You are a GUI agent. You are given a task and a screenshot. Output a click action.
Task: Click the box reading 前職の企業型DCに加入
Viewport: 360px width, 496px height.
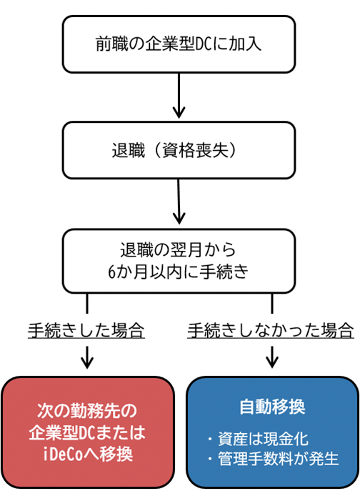click(179, 44)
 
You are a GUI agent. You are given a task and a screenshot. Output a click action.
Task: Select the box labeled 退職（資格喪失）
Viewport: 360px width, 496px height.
click(179, 151)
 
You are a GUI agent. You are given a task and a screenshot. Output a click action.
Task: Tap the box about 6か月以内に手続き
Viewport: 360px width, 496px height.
click(179, 261)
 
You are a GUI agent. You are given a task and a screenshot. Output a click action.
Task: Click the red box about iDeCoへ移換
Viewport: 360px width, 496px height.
click(87, 432)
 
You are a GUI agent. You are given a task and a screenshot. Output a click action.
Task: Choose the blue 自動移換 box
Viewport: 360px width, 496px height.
click(271, 432)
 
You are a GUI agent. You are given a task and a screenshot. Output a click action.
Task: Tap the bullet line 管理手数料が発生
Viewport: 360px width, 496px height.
click(271, 457)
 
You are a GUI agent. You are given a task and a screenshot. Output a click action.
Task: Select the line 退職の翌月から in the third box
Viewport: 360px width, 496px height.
click(179, 251)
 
